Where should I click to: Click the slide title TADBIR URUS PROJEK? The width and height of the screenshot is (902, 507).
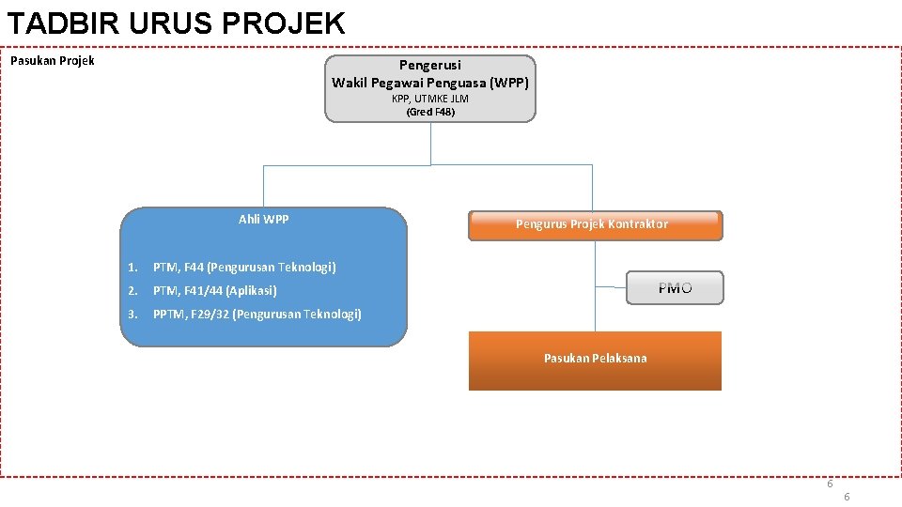[176, 23]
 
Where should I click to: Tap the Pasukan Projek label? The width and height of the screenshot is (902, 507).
[53, 61]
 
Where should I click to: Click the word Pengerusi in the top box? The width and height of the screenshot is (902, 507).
[430, 65]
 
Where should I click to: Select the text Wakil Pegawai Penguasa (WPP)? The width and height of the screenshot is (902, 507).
[430, 82]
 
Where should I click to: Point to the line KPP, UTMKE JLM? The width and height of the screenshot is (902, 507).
[430, 99]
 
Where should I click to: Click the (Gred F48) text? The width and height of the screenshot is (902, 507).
[430, 112]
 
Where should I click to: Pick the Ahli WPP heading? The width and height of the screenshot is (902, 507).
[264, 220]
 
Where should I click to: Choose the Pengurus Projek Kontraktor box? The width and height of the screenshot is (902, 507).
[595, 225]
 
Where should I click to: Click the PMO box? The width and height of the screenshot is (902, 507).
[675, 288]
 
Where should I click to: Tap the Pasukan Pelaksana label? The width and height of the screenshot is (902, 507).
[595, 358]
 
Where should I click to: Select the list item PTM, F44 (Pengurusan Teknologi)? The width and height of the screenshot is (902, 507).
[244, 268]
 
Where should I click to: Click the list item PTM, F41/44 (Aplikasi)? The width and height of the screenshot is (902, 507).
[215, 291]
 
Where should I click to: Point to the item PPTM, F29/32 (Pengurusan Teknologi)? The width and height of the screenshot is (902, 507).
[257, 315]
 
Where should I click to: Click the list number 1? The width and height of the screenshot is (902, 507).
[133, 268]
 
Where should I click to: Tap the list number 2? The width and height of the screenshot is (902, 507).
[133, 291]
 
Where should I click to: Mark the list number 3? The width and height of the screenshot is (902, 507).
[133, 315]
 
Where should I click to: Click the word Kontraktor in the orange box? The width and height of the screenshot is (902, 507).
[637, 224]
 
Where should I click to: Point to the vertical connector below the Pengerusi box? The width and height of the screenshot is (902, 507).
[430, 143]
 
